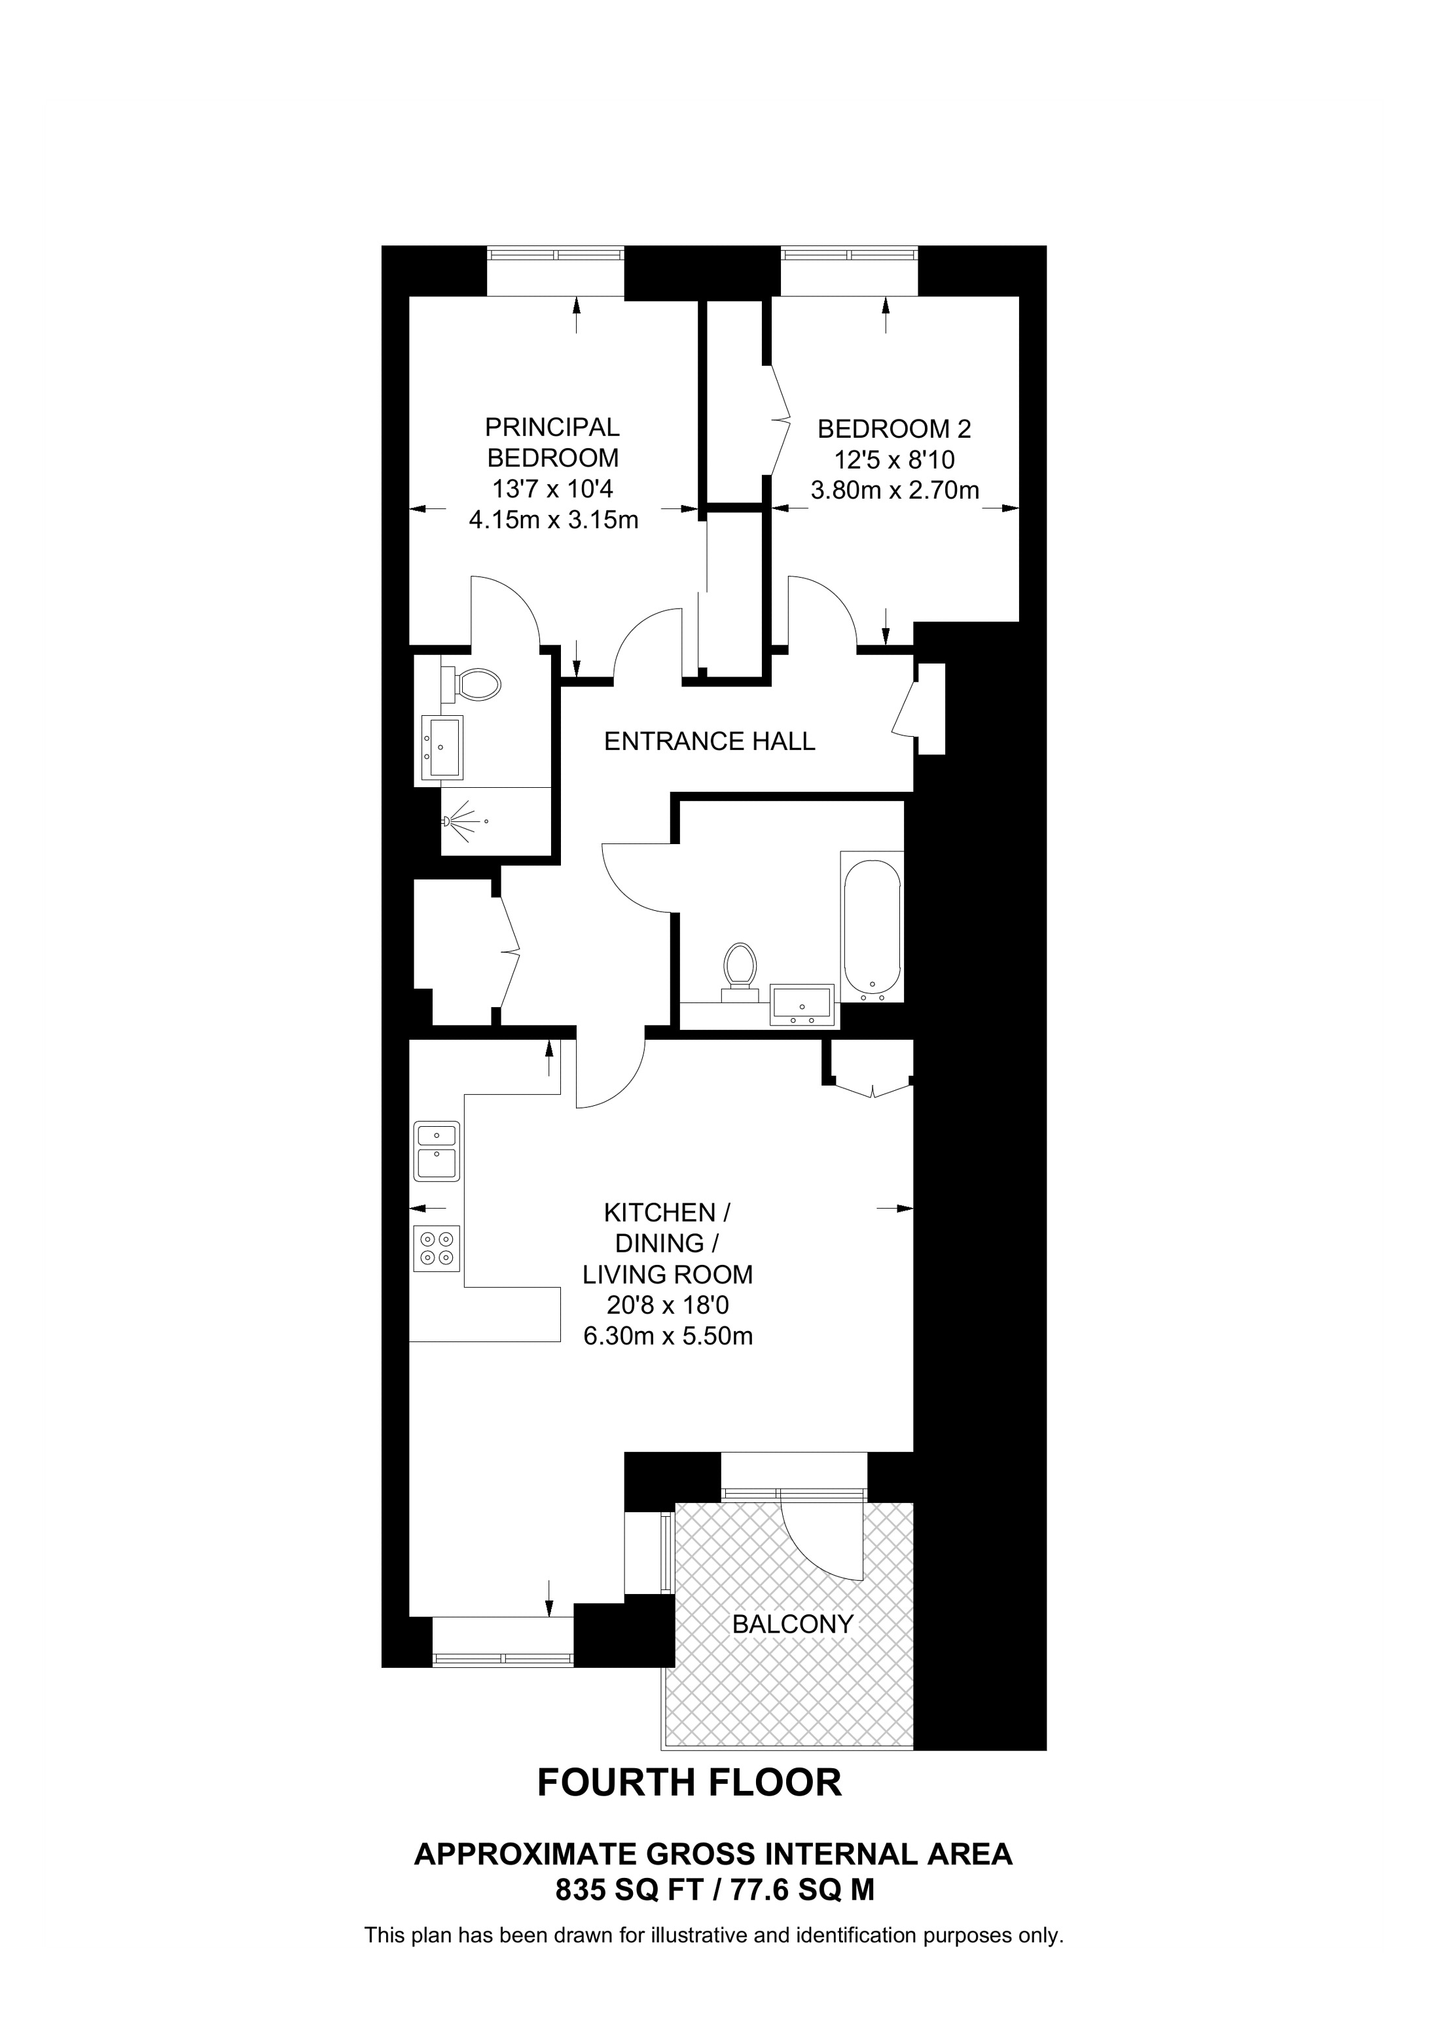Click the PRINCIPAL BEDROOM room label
(x=552, y=443)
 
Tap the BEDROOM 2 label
(x=893, y=429)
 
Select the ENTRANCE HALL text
(x=709, y=741)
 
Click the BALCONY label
(x=792, y=1625)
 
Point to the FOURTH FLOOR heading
(x=689, y=1782)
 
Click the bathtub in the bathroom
(x=872, y=925)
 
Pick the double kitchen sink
(x=437, y=1151)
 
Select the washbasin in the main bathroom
(x=802, y=1003)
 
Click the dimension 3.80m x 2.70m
(x=894, y=489)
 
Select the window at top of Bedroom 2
(x=848, y=255)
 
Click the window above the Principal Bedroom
(x=556, y=255)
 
